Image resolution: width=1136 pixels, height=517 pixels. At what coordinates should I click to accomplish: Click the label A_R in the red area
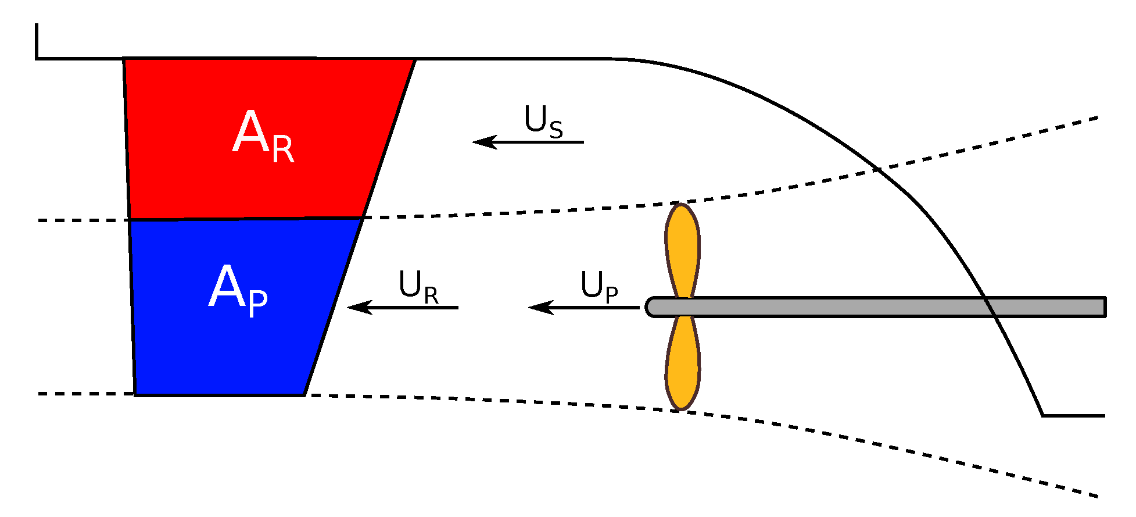[x=263, y=136]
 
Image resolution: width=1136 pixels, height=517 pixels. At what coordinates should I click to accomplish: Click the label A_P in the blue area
[x=238, y=290]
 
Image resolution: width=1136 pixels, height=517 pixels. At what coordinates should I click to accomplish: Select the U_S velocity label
[x=543, y=122]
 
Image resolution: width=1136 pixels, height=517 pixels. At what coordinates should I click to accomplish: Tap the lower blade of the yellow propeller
[x=682, y=366]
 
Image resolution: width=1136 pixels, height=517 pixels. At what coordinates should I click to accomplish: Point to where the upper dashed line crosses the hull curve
[x=877, y=170]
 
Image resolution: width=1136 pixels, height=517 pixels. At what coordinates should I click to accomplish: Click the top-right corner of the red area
[x=414, y=59]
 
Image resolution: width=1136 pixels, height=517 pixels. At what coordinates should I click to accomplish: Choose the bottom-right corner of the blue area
[x=304, y=395]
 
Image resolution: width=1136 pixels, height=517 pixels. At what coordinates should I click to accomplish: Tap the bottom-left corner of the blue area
[x=135, y=395]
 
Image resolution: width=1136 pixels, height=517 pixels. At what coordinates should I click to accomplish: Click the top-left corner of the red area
[x=124, y=59]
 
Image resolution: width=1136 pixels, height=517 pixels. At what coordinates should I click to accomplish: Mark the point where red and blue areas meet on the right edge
[x=363, y=218]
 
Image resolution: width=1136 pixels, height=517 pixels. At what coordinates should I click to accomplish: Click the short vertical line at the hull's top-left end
[x=37, y=41]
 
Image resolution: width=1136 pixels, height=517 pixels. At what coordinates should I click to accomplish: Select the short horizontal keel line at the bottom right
[x=1074, y=416]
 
